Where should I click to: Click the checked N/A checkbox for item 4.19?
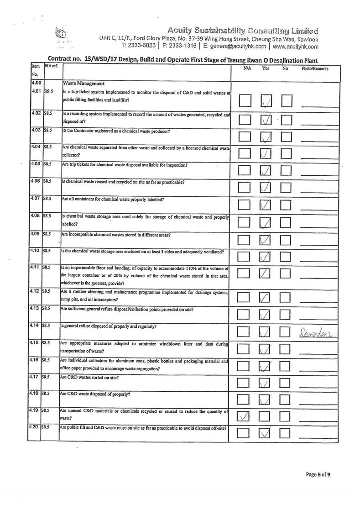(x=244, y=416)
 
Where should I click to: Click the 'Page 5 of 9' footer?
(x=318, y=475)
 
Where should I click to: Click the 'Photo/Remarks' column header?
(x=315, y=68)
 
